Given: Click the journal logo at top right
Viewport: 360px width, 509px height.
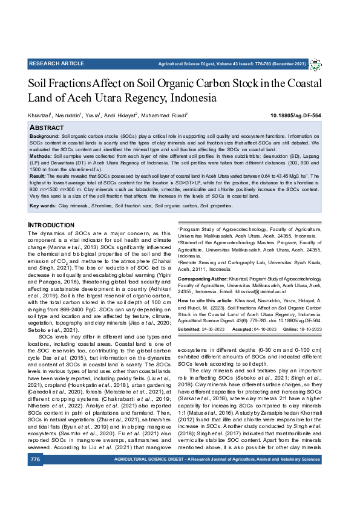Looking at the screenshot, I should pyautogui.click(x=323, y=64).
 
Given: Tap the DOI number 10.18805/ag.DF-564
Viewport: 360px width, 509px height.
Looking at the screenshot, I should pyautogui.click(x=312, y=115).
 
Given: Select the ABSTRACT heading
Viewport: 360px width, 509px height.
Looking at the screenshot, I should pyautogui.click(x=47, y=128).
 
